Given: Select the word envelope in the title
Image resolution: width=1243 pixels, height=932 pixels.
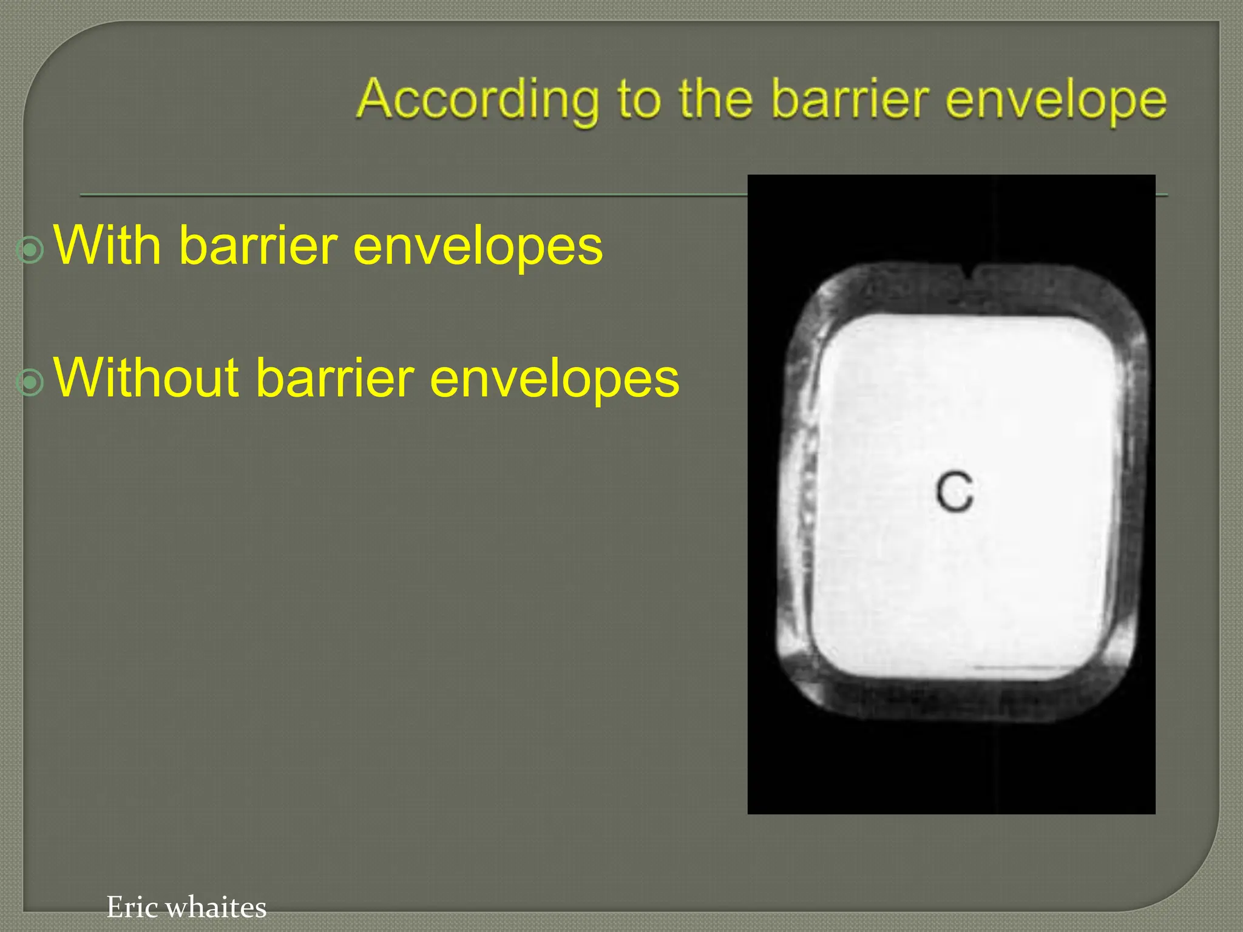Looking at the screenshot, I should coord(1055,101).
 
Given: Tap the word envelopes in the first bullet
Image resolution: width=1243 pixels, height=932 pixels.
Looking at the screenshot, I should coord(478,246).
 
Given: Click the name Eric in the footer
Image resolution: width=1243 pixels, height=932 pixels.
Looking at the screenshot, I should coord(132,907).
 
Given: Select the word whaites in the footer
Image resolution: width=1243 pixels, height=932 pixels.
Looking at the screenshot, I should coord(215,907).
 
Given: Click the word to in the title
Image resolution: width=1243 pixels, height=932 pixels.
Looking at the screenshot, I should coord(638,100).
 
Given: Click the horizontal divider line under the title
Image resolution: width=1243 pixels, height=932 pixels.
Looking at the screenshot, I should coord(413,195).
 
